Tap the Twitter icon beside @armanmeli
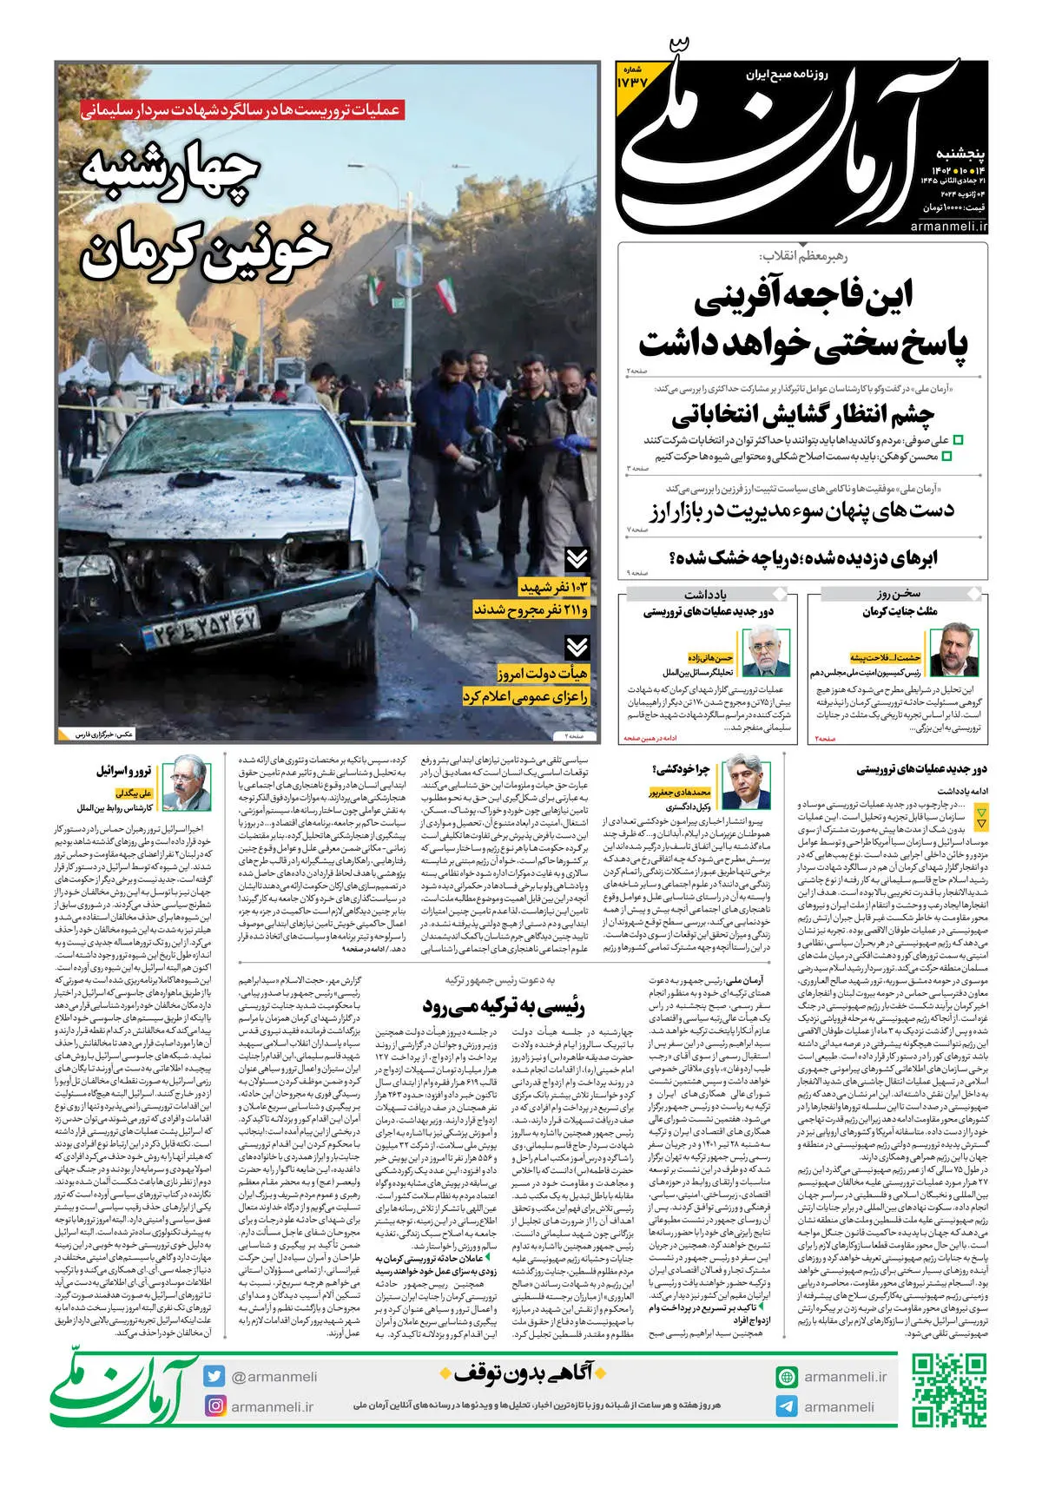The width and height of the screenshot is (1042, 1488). (214, 1376)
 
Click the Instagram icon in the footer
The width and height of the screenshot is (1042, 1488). (214, 1406)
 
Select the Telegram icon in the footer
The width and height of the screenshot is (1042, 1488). (787, 1406)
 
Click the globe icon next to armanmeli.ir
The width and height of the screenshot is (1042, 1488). (787, 1377)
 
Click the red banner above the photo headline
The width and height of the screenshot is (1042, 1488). (241, 110)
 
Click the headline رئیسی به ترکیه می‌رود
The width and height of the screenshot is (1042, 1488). (504, 1007)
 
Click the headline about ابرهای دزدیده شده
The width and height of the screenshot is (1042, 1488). (803, 558)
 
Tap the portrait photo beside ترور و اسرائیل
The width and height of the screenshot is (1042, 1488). (188, 784)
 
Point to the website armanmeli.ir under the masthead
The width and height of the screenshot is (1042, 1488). (949, 226)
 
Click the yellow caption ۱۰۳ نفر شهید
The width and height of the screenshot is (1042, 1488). (554, 589)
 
